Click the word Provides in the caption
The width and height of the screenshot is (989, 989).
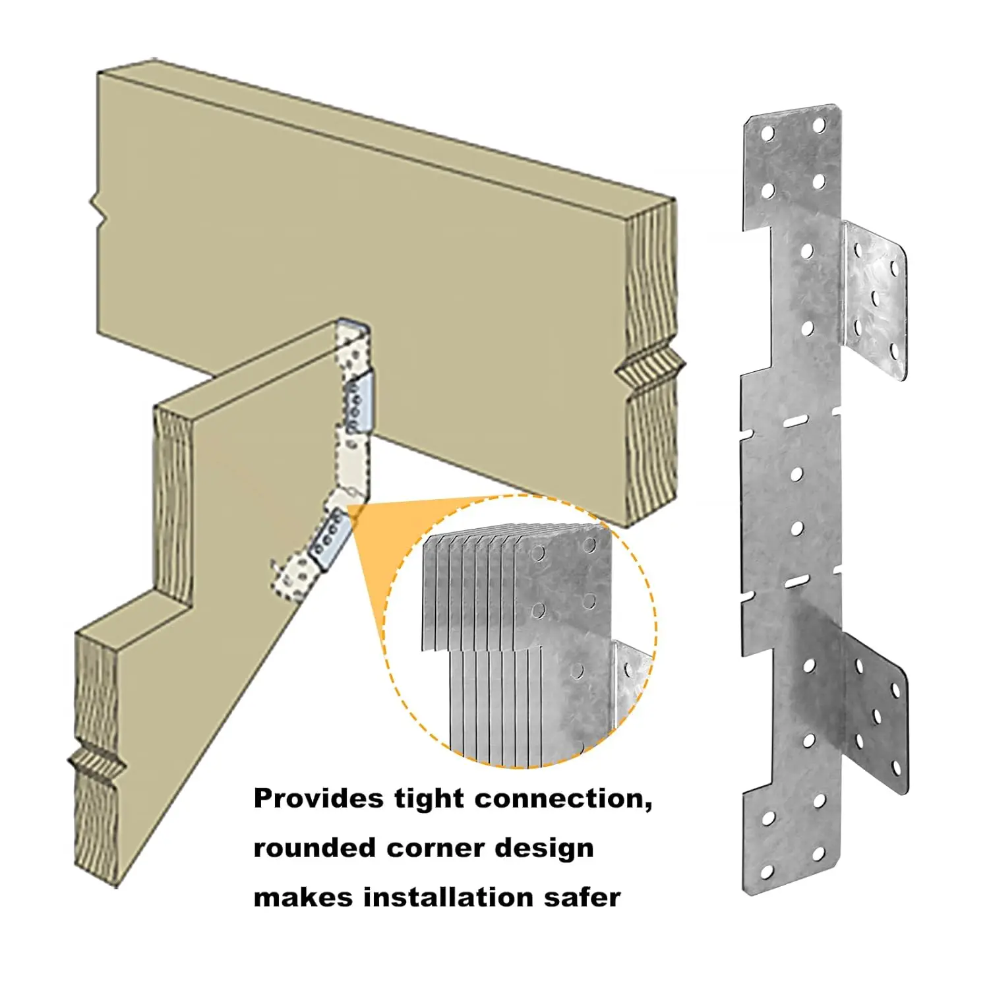point(318,799)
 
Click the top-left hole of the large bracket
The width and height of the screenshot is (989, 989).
point(767,134)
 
